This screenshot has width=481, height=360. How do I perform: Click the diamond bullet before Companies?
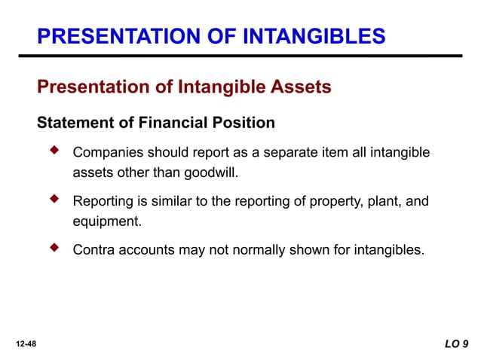(54, 151)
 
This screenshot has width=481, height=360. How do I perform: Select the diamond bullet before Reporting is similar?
(54, 200)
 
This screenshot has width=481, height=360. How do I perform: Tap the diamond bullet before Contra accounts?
(54, 247)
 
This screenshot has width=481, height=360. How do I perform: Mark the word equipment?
(106, 221)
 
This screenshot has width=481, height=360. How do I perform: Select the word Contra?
(91, 249)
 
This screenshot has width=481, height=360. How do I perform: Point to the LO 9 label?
(455, 343)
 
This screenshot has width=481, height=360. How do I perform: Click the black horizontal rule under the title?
(249, 56)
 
